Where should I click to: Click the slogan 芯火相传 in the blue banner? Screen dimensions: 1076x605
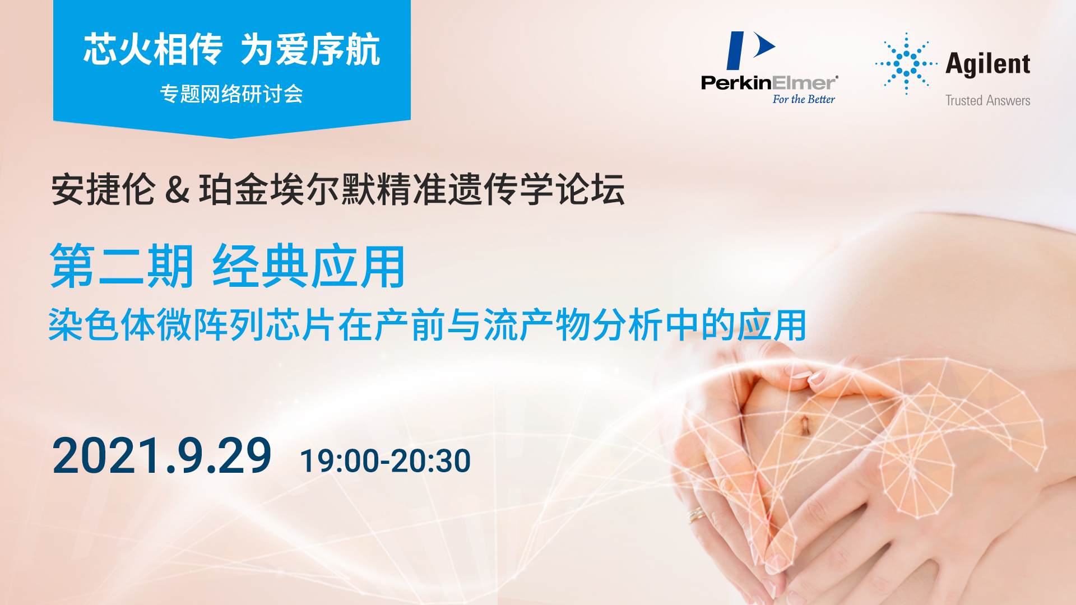click(153, 49)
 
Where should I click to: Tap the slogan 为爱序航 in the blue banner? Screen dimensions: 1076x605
click(310, 49)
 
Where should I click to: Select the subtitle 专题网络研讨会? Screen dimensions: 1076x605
click(231, 94)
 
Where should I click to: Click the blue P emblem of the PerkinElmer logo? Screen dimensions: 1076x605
click(750, 50)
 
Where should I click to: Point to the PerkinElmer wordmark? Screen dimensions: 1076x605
click(769, 83)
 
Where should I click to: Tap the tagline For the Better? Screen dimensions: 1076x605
click(804, 99)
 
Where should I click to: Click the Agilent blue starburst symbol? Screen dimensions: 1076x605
click(906, 63)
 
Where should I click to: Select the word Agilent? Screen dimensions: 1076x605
click(988, 63)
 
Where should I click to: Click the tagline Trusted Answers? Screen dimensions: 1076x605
click(988, 100)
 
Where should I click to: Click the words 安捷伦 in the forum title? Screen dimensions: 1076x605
click(103, 189)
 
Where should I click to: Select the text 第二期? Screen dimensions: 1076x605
click(122, 266)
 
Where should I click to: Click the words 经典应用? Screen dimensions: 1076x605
click(309, 266)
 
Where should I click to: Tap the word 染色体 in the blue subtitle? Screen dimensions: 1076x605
click(101, 325)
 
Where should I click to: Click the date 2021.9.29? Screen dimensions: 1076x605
click(162, 456)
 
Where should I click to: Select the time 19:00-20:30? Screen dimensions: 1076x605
click(385, 461)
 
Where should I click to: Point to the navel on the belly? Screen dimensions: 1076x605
click(804, 426)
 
